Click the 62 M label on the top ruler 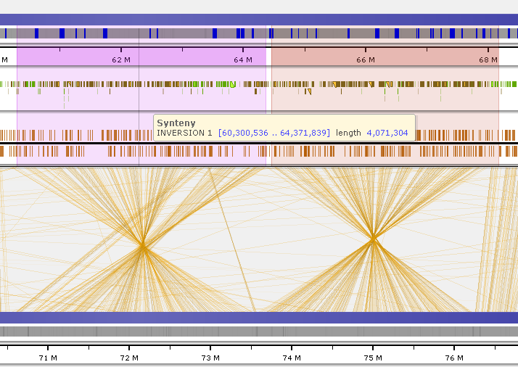[x=121, y=59]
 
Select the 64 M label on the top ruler [x=243, y=59]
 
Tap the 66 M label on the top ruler [x=366, y=59]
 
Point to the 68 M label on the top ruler [x=488, y=59]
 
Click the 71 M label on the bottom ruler [x=48, y=358]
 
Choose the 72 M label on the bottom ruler [x=129, y=358]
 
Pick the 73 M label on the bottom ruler [x=210, y=358]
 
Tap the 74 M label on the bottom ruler [x=292, y=358]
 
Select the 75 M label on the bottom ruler [x=373, y=358]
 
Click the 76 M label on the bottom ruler [x=454, y=358]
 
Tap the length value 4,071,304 [x=387, y=133]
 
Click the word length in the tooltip [x=348, y=133]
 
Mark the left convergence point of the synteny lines [x=143, y=246]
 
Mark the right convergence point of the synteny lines [x=373, y=238]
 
